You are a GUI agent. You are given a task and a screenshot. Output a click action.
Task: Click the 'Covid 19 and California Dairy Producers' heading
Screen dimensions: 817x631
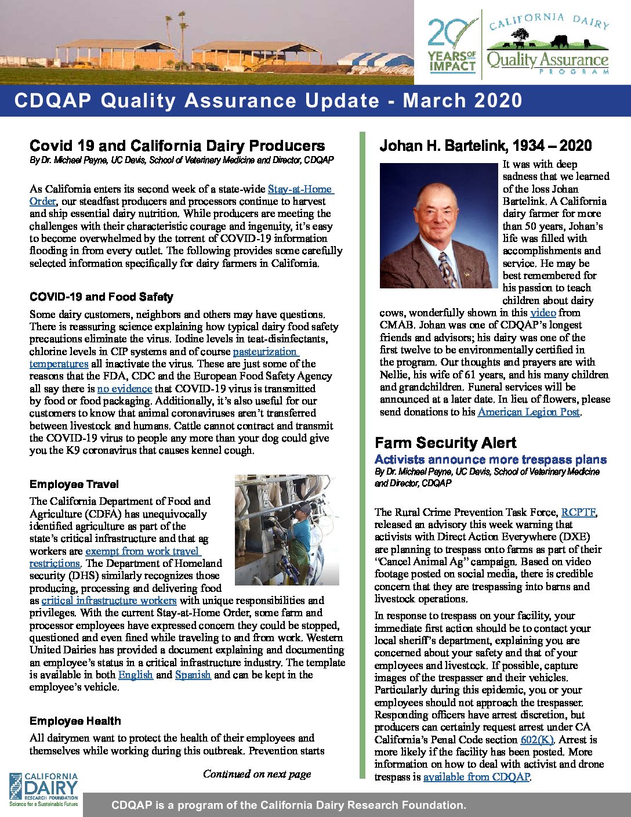pyautogui.click(x=177, y=146)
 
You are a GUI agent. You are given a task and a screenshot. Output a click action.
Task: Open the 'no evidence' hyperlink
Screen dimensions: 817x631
pyautogui.click(x=124, y=389)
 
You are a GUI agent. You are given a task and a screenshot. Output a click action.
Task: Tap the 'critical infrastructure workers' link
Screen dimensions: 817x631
pyautogui.click(x=109, y=601)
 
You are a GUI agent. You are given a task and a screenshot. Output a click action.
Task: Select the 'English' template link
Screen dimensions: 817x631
pyautogui.click(x=135, y=675)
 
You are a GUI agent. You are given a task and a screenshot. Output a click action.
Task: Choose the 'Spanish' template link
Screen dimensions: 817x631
pyautogui.click(x=193, y=675)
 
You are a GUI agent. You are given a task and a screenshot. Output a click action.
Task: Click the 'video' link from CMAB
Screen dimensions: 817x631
pyautogui.click(x=543, y=313)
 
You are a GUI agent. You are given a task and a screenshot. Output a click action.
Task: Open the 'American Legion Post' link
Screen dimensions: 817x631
pyautogui.click(x=528, y=412)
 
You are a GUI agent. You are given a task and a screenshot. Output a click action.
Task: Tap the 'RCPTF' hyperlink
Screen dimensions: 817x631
pyautogui.click(x=578, y=512)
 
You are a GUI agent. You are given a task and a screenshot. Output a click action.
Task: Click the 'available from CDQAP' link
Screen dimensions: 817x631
pyautogui.click(x=476, y=777)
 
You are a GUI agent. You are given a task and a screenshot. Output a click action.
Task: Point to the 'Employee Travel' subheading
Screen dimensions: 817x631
pyautogui.click(x=74, y=484)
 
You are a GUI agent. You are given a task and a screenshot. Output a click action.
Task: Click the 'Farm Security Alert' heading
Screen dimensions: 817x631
pyautogui.click(x=445, y=443)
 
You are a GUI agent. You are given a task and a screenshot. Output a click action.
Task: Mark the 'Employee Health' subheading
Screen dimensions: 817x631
pyautogui.click(x=75, y=721)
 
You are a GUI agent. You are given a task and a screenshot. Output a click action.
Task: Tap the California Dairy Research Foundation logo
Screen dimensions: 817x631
pyautogui.click(x=43, y=789)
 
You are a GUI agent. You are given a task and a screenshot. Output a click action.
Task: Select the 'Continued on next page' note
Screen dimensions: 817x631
pyautogui.click(x=257, y=774)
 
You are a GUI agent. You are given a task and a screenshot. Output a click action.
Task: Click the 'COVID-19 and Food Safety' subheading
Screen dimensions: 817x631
pyautogui.click(x=101, y=297)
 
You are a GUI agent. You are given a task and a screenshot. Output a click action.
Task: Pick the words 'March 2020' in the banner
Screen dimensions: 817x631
pyautogui.click(x=463, y=100)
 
